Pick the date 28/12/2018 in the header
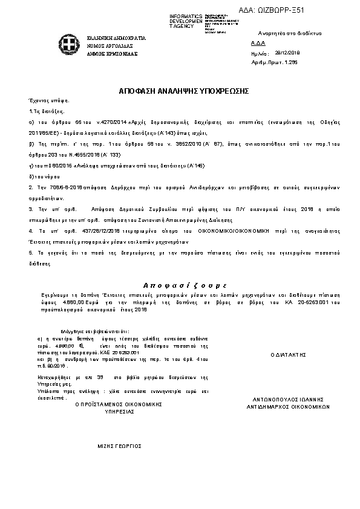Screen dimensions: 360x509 pyautogui.click(x=286, y=53)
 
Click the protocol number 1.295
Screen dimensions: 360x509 pyautogui.click(x=291, y=62)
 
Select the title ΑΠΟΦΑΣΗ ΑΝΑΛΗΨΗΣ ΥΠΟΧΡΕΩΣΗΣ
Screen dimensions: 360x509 pyautogui.click(x=184, y=90)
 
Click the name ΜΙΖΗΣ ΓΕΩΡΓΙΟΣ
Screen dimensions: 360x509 pyautogui.click(x=120, y=446)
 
